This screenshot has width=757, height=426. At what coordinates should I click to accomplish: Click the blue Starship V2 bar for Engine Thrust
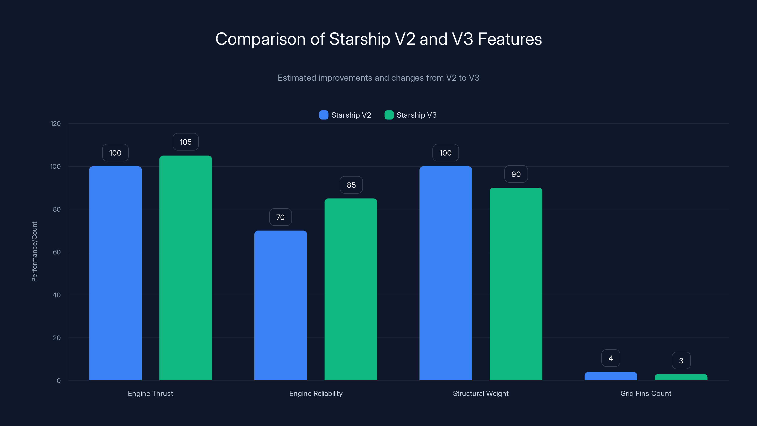click(x=115, y=273)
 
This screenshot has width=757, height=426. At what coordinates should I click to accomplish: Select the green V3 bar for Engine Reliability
click(x=351, y=290)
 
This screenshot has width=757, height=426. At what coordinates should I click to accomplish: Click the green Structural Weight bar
click(x=516, y=284)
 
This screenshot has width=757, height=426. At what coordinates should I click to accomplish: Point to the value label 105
click(x=185, y=142)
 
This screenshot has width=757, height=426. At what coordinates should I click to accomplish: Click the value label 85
click(x=351, y=185)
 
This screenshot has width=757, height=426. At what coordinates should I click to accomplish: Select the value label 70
click(x=280, y=217)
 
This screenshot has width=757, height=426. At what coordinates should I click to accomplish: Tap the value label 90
click(x=516, y=174)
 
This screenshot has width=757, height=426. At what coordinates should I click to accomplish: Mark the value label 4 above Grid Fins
click(x=611, y=358)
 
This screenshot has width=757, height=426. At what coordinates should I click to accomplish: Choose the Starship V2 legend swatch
click(x=324, y=115)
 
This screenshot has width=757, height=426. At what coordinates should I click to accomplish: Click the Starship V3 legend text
click(x=416, y=115)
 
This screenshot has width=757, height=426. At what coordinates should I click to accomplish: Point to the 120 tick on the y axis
click(x=56, y=124)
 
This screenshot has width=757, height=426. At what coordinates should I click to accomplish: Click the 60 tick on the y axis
click(x=57, y=252)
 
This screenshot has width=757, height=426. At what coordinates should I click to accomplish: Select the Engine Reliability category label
click(x=316, y=393)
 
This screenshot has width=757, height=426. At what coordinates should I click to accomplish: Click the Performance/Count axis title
click(x=34, y=252)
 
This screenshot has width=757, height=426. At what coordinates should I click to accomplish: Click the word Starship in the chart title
click(x=359, y=39)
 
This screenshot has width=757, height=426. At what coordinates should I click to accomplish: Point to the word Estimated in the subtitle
click(x=297, y=78)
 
